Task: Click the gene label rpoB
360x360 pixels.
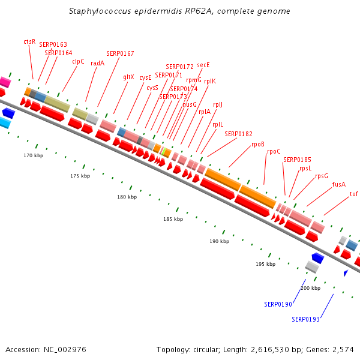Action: (x=258, y=144)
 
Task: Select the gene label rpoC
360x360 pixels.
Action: (x=274, y=152)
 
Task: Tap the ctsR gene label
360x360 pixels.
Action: (x=29, y=41)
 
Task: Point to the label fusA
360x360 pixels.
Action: (x=339, y=184)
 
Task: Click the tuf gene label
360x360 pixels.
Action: (x=354, y=194)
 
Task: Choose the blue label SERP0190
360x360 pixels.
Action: (x=278, y=304)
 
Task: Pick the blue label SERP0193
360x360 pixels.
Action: (x=305, y=319)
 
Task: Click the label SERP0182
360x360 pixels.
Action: (x=238, y=134)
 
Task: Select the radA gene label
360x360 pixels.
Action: (x=97, y=63)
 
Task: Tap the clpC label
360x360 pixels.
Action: (x=78, y=61)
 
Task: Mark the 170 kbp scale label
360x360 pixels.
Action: (x=34, y=155)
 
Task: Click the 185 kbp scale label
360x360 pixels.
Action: (x=173, y=219)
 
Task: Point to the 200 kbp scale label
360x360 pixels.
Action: (x=310, y=288)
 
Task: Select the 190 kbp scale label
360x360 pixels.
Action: (x=219, y=241)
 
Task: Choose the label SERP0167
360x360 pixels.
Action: (x=120, y=53)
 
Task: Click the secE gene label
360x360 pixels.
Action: (x=203, y=65)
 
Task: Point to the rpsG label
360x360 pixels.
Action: (x=322, y=176)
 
